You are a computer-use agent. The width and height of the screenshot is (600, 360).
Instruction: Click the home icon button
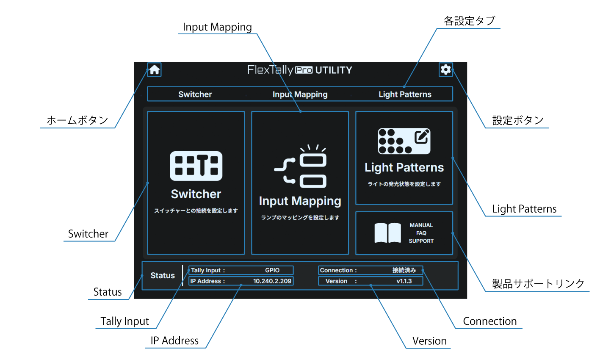pyautogui.click(x=155, y=69)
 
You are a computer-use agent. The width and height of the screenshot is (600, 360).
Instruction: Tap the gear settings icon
pyautogui.click(x=445, y=69)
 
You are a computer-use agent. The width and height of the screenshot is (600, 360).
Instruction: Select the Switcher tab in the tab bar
pyautogui.click(x=195, y=94)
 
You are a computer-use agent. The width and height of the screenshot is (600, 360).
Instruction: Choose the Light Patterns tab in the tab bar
pyautogui.click(x=405, y=94)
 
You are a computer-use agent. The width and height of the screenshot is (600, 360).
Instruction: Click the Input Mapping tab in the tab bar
pyautogui.click(x=300, y=94)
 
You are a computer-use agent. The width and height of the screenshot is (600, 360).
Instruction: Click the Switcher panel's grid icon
pyautogui.click(x=196, y=166)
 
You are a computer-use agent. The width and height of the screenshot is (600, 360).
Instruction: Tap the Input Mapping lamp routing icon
pyautogui.click(x=300, y=167)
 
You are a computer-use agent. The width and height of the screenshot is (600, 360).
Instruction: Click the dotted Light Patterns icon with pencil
pyautogui.click(x=404, y=141)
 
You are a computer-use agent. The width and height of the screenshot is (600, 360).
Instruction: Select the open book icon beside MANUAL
pyautogui.click(x=387, y=233)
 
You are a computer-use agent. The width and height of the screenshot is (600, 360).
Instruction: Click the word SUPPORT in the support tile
pyautogui.click(x=421, y=241)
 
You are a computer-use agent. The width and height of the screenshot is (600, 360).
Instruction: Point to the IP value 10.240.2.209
pyautogui.click(x=272, y=281)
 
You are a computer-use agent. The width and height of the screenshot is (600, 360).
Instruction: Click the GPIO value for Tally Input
pyautogui.click(x=272, y=270)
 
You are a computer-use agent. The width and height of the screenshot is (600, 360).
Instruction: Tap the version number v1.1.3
pyautogui.click(x=404, y=281)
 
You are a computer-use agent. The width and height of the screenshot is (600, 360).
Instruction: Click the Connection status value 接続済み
pyautogui.click(x=404, y=270)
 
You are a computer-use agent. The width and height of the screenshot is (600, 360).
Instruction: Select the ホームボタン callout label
pyautogui.click(x=77, y=120)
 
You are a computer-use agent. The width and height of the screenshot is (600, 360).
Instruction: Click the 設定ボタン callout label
pyautogui.click(x=518, y=121)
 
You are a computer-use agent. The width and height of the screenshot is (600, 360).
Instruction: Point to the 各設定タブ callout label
pyautogui.click(x=469, y=21)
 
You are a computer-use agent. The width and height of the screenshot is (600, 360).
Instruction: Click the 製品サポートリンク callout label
pyautogui.click(x=538, y=284)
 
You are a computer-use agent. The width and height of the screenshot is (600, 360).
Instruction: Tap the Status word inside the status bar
pyautogui.click(x=163, y=276)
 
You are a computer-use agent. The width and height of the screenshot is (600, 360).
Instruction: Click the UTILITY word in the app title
pyautogui.click(x=334, y=70)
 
